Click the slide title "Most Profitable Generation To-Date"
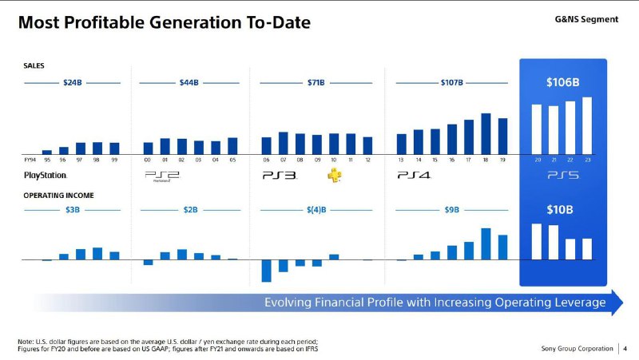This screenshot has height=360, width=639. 165,22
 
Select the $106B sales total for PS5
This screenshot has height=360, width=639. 562,82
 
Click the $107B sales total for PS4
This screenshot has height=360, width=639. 451,82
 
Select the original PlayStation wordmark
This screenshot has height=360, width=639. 45,175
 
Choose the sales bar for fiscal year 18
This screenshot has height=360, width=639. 486,133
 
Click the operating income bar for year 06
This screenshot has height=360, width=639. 267,271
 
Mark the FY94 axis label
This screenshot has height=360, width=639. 30,160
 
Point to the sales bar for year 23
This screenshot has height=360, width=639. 588,125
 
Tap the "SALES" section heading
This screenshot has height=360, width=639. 34,67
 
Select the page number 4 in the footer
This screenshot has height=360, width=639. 625,347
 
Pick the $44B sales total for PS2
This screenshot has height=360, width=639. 189,82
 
